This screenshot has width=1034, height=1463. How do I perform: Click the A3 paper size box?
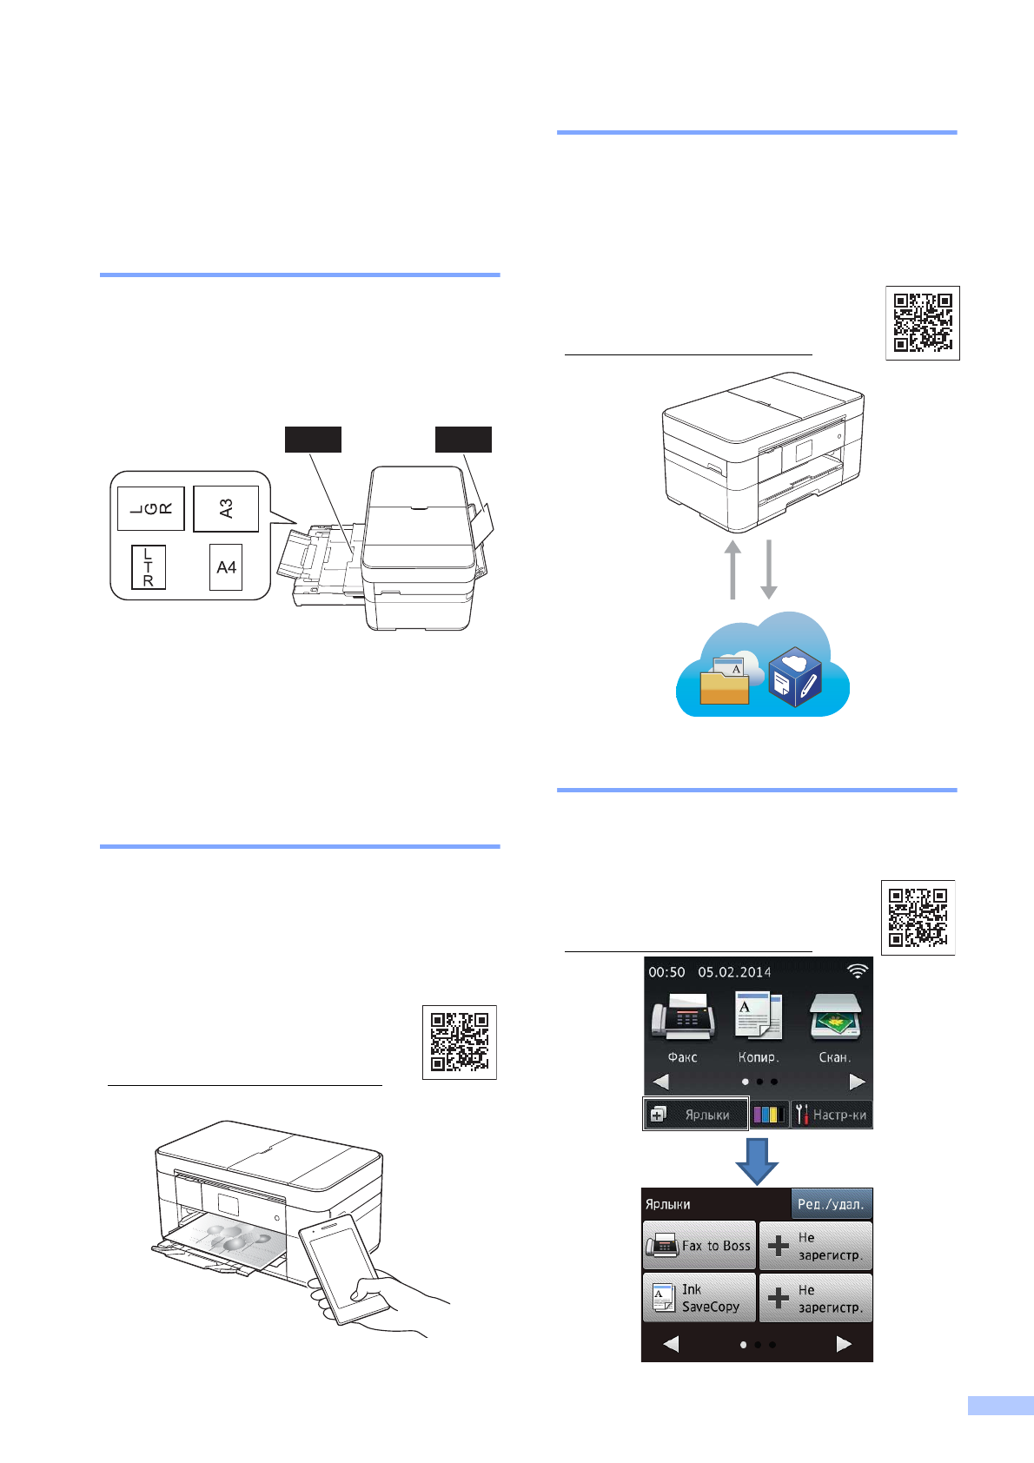click(x=226, y=508)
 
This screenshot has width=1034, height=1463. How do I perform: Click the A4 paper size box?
click(x=226, y=567)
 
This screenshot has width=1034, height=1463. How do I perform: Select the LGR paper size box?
click(x=150, y=508)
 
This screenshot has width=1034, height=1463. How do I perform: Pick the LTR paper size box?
click(x=149, y=567)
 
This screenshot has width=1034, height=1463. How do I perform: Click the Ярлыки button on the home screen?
click(x=695, y=1115)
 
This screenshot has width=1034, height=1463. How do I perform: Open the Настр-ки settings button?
click(x=832, y=1115)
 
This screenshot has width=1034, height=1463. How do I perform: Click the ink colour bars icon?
click(x=769, y=1115)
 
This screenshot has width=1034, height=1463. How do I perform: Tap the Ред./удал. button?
click(x=831, y=1204)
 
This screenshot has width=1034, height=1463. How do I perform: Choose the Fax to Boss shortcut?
click(x=699, y=1246)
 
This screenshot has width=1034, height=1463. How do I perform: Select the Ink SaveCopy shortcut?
click(x=699, y=1298)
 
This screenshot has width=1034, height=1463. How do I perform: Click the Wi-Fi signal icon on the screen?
click(x=857, y=971)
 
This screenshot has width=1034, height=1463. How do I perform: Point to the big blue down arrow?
click(x=757, y=1161)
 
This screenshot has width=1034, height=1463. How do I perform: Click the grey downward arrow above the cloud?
click(x=769, y=569)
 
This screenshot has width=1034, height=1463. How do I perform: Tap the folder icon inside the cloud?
click(x=725, y=683)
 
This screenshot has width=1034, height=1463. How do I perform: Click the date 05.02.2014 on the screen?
click(x=734, y=972)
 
